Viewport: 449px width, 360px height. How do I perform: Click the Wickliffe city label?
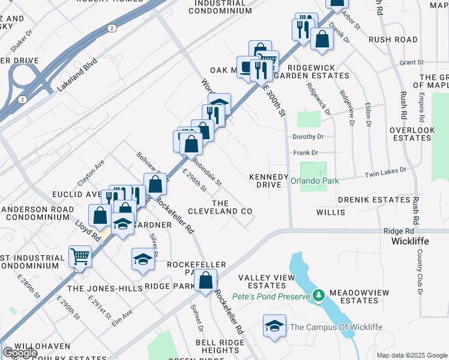[410, 241]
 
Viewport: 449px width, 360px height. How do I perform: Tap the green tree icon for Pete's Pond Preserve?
[319, 296]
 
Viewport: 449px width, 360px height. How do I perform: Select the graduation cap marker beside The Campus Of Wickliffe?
[274, 326]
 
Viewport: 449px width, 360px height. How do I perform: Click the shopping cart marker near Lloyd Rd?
[79, 257]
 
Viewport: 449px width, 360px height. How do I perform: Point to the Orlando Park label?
[315, 181]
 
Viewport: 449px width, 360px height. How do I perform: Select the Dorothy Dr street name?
[308, 137]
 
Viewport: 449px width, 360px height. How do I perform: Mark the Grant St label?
[411, 62]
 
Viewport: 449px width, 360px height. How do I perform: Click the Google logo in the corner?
[20, 353]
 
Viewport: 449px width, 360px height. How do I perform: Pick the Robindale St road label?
[207, 171]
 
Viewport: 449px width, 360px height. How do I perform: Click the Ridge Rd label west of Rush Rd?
[399, 231]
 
